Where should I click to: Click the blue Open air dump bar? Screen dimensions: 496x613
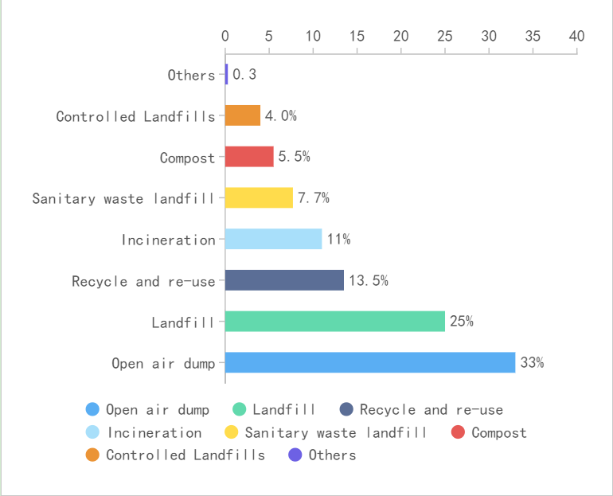370,362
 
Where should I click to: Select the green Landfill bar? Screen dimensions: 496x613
335,322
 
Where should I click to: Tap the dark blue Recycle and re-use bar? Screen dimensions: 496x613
284,280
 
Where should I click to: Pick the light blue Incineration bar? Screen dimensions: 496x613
273,239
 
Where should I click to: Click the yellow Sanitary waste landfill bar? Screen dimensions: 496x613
259,197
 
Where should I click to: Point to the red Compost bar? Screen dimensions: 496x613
249,157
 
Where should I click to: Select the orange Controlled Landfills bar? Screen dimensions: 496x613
243,115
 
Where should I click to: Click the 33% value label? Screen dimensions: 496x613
532,363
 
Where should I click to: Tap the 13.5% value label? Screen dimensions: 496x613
368,280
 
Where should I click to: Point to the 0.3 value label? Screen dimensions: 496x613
244,75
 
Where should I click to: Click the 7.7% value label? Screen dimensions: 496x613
313,197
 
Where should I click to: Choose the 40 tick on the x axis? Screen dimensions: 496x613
576,36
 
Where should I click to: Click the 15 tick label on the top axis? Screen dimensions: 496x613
357,36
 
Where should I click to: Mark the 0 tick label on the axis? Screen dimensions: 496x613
225,36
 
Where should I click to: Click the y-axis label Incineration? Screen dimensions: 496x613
168,240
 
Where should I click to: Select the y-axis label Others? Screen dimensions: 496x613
191,75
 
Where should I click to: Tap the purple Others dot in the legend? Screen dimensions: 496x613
295,455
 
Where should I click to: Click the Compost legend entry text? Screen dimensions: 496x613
498,432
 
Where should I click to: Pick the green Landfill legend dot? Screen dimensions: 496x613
239,409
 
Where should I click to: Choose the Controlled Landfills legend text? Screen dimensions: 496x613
185,455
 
